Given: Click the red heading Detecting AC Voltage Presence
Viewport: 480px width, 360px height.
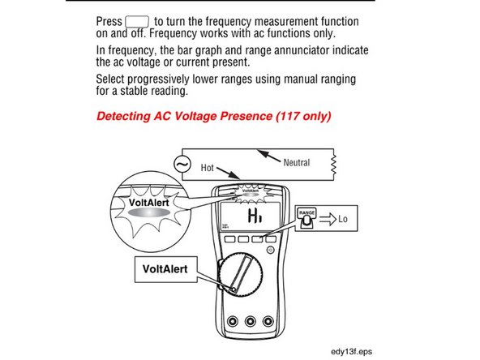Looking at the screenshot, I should coord(213,116).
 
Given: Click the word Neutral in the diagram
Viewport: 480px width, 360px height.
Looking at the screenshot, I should coord(296,162).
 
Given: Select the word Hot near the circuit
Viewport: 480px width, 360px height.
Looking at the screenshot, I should coord(207,168).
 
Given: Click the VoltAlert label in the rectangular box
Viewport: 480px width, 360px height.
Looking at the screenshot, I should coord(165,266).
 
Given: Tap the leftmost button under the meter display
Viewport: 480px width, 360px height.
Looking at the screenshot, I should coord(231,240).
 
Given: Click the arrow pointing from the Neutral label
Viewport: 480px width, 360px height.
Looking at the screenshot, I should coord(268,156).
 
